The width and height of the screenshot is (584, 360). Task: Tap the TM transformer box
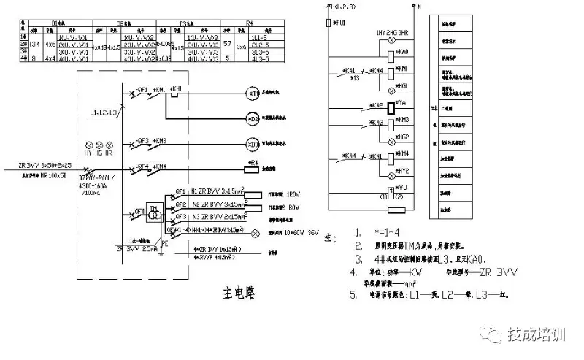[x=154, y=210]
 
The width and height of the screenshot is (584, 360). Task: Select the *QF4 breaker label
[x=142, y=166]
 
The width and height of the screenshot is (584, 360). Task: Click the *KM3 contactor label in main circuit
[x=160, y=140]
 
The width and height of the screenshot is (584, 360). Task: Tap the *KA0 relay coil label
[x=402, y=52]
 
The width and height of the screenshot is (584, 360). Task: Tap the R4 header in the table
[x=251, y=24]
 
